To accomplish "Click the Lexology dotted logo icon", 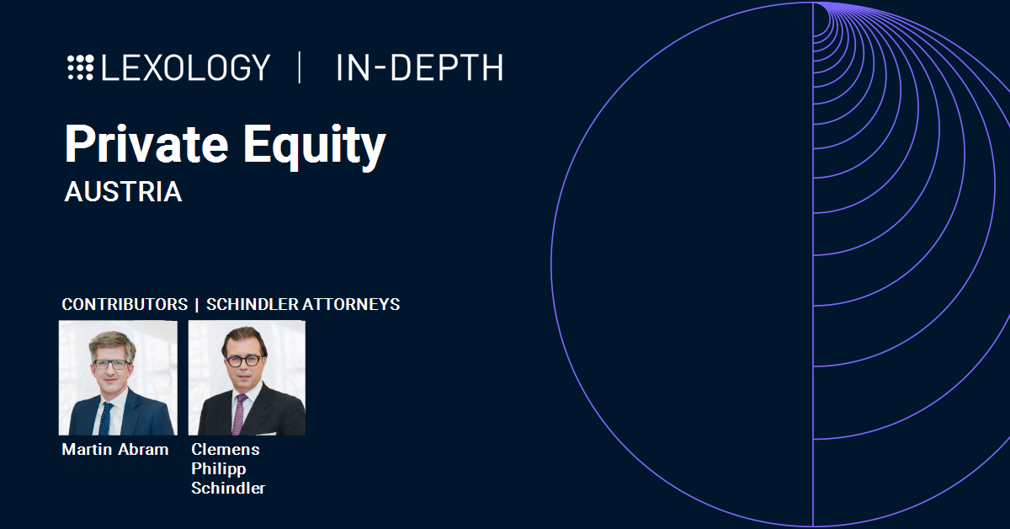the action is pos(81,67).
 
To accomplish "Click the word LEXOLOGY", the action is pos(186,67).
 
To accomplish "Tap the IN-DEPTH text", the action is pos(420,67).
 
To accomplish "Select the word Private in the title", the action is pos(146,143).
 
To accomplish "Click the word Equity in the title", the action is pos(315,147).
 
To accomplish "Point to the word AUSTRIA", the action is pos(123,192).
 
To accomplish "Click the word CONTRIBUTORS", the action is pos(125,305).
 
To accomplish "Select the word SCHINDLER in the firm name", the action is pos(252,305).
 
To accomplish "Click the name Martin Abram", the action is pos(115,450).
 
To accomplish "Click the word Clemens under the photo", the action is pos(226,450).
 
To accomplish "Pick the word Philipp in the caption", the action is pos(219,469).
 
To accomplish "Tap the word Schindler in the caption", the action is pos(228,489).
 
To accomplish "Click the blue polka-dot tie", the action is pos(105,419).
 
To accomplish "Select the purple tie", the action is pos(239,414).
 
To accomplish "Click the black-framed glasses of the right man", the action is pos(244,361).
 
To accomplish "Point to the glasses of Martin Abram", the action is pos(110,364).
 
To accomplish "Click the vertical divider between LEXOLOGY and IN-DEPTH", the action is pos(300,67).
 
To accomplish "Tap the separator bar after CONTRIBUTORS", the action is pos(197,305).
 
